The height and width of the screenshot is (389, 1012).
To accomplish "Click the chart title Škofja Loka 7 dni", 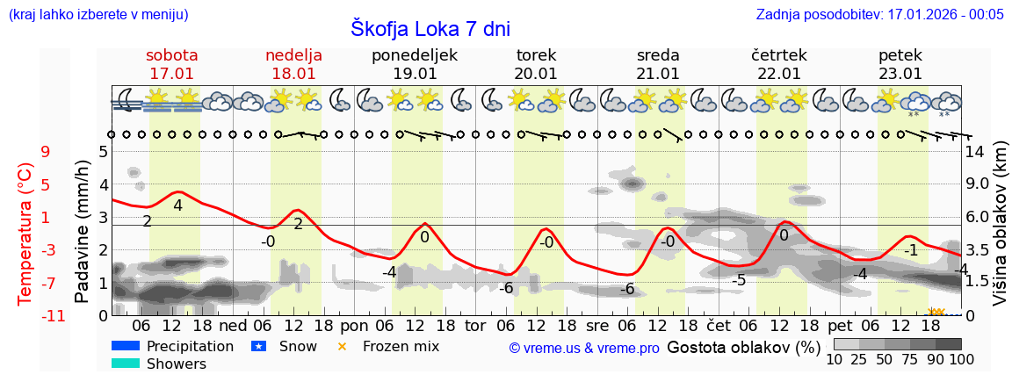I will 430,28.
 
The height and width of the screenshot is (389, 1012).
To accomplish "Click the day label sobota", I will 171,55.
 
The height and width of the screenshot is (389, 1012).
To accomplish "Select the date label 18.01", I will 293,74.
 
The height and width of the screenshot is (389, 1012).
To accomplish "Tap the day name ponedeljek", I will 415,55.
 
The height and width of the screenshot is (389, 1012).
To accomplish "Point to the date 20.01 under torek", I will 536,74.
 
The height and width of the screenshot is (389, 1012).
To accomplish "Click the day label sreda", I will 658,55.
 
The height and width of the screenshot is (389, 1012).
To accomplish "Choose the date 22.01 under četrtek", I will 779,74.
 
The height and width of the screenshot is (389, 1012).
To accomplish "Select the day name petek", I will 900,55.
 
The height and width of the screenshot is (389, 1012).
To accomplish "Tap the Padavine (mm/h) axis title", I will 83,232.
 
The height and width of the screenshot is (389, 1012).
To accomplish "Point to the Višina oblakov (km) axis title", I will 1000,233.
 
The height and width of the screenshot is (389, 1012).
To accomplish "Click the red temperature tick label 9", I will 46,152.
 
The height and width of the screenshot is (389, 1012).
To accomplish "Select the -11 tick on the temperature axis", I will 53,316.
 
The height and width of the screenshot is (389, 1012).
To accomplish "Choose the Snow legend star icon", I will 258,346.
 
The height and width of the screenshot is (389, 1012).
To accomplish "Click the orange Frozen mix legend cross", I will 343,346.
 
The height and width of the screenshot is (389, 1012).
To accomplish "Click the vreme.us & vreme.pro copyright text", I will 584,349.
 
